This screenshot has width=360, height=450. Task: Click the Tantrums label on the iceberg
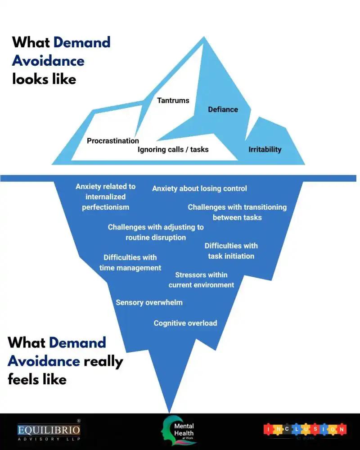coord(173,100)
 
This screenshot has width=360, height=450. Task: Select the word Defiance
coord(223,109)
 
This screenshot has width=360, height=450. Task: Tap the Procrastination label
coord(113,141)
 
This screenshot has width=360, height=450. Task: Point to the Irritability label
coord(265,149)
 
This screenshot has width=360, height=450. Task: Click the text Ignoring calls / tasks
coord(173,149)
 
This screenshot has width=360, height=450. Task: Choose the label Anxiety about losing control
coord(199,189)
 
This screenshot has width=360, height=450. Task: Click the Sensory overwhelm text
coord(149,302)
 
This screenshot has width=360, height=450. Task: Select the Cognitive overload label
coord(185,323)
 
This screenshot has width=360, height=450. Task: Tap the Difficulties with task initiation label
coord(231,251)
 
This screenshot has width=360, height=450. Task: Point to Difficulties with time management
coord(130,263)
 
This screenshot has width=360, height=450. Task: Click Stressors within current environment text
coord(201,280)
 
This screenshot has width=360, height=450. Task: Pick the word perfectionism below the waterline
coord(105,207)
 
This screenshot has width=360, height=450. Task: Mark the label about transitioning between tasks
coord(237,212)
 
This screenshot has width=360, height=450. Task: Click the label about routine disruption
coord(156,232)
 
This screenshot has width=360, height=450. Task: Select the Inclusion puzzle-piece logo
coord(305,430)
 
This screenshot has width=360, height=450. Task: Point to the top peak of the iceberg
coord(205,38)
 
